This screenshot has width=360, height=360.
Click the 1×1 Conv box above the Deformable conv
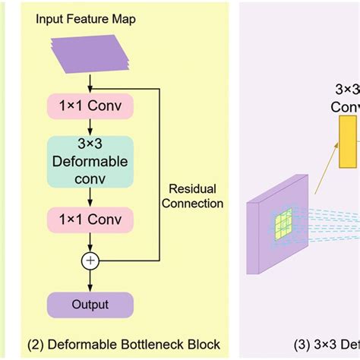(x=91, y=104)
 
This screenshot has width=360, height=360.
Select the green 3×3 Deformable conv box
(x=91, y=162)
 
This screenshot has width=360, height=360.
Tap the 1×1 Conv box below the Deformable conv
(x=91, y=221)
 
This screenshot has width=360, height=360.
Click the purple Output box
(x=91, y=305)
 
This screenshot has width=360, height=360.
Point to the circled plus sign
(x=91, y=261)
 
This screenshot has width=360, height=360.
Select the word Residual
(x=193, y=188)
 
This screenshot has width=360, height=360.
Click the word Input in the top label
(x=50, y=19)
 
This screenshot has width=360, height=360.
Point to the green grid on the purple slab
(x=283, y=225)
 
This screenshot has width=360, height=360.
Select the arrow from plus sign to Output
(x=91, y=279)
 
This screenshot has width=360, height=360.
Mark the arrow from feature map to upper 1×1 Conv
(x=91, y=81)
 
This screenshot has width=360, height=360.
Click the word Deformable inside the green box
(x=91, y=162)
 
